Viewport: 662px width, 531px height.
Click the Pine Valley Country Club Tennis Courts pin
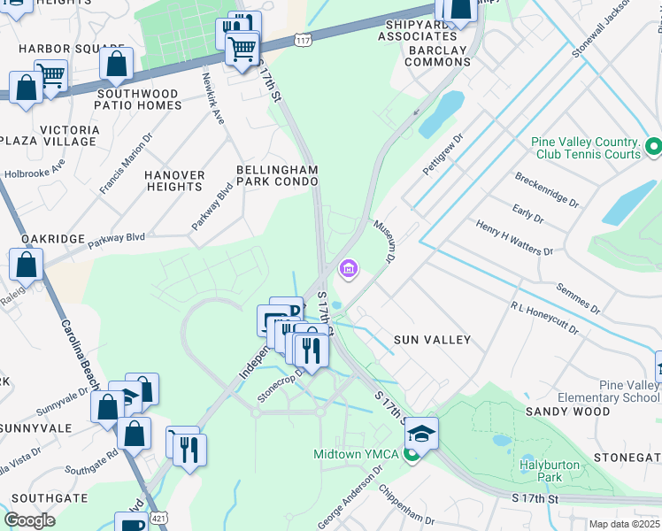click(x=653, y=146)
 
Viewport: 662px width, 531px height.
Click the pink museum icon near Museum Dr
click(x=349, y=268)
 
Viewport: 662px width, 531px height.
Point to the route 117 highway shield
click(x=304, y=41)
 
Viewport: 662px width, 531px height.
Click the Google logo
click(x=29, y=520)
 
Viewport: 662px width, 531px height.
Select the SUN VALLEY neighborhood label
click(x=432, y=340)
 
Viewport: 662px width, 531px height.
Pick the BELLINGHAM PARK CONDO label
click(x=276, y=175)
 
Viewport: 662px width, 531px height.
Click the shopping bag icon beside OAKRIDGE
click(x=27, y=264)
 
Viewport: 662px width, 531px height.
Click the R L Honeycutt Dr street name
click(x=543, y=318)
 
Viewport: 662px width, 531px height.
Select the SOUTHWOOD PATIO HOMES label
click(x=139, y=99)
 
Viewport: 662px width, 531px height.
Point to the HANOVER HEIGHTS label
click(x=174, y=181)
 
